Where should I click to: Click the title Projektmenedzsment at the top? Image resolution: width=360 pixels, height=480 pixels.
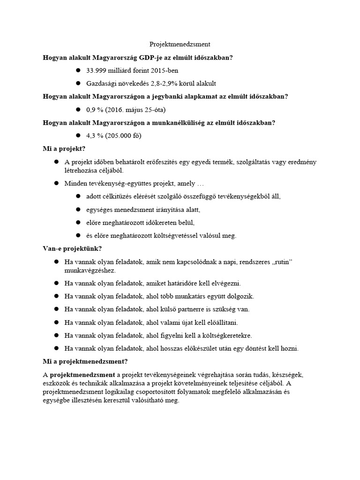pos(180,45)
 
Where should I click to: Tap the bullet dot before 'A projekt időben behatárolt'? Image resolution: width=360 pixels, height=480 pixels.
pos(56,162)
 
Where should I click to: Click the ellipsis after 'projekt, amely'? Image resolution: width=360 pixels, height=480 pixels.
pos(199,183)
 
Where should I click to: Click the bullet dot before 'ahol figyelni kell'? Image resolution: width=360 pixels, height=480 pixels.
pos(56,335)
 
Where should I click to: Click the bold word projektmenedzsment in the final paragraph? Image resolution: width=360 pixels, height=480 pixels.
pos(82,375)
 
